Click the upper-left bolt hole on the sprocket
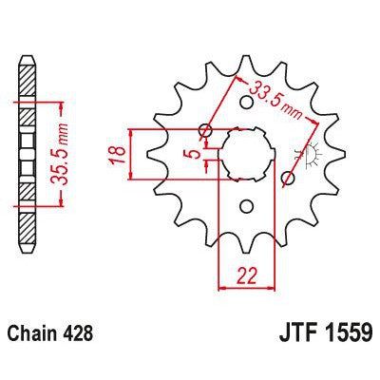[x=204, y=131]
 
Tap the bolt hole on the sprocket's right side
[x=291, y=178]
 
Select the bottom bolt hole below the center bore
[x=246, y=205]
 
